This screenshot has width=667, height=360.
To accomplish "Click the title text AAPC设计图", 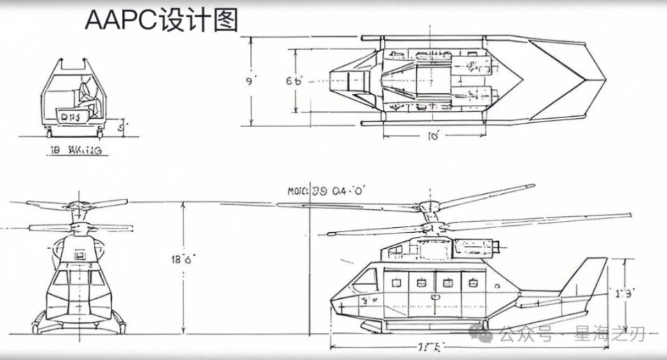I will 161,21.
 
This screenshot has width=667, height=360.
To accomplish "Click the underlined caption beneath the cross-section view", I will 78,149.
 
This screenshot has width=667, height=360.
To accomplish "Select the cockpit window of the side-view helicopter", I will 365,280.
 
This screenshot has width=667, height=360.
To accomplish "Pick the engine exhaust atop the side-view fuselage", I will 500,245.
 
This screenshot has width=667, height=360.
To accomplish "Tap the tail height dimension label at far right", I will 623,293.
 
